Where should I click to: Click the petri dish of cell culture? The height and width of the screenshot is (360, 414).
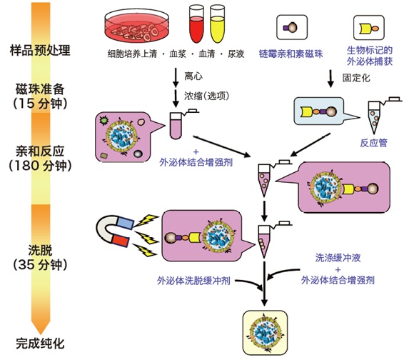pyautogui.click(x=137, y=26)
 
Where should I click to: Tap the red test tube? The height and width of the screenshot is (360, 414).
pyautogui.click(x=196, y=24)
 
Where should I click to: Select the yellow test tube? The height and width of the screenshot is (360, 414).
pyautogui.click(x=217, y=24)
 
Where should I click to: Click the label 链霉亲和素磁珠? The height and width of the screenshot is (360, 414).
pyautogui.click(x=291, y=54)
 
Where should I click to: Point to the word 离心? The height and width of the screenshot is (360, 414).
pyautogui.click(x=193, y=76)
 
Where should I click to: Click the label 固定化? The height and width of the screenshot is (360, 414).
pyautogui.click(x=356, y=78)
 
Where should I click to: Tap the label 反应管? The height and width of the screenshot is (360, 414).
pyautogui.click(x=373, y=143)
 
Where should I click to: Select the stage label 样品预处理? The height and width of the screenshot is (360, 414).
pyautogui.click(x=40, y=50)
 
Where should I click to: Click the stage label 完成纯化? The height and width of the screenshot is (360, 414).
pyautogui.click(x=40, y=344)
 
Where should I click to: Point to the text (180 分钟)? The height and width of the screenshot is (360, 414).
pyautogui.click(x=40, y=166)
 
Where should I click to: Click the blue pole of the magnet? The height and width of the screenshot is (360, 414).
pyautogui.click(x=125, y=223)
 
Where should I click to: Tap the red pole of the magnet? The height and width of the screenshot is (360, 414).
pyautogui.click(x=121, y=241)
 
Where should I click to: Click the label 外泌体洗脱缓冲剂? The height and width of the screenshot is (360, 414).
pyautogui.click(x=193, y=281)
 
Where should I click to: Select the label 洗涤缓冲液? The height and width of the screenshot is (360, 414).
pyautogui.click(x=338, y=258)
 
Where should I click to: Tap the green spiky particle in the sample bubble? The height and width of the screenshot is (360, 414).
pyautogui.click(x=104, y=121)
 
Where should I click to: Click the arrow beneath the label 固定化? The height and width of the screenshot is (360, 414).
pyautogui.click(x=330, y=79)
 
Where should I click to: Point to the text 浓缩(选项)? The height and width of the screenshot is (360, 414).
pyautogui.click(x=206, y=96)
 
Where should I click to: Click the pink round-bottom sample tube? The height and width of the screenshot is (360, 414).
pyautogui.click(x=176, y=126)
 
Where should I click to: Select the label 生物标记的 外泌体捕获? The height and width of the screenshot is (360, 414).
pyautogui.click(x=369, y=56)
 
